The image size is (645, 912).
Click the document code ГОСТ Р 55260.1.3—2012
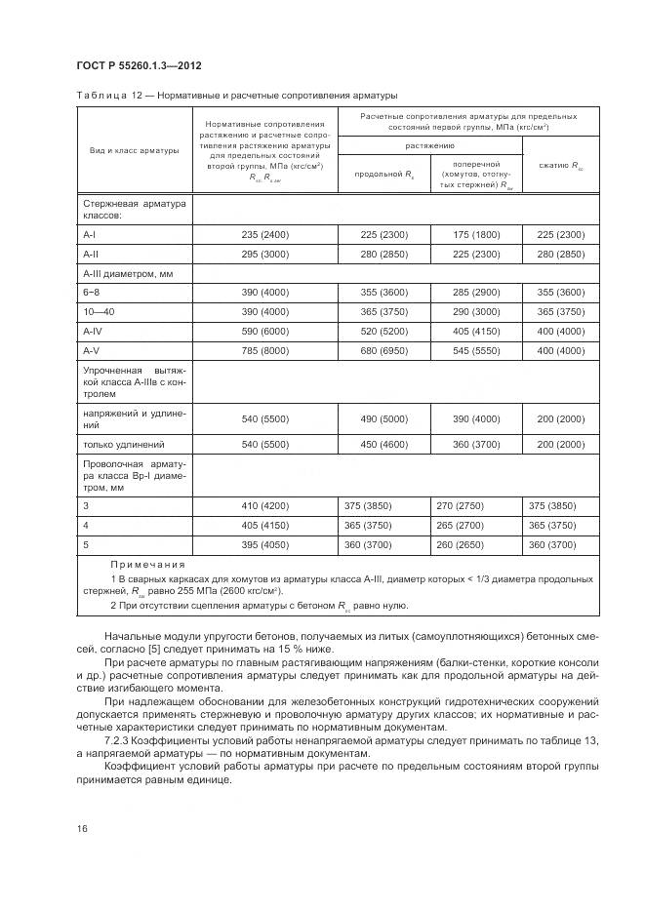pos(139,65)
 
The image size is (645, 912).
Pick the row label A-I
pos(91,235)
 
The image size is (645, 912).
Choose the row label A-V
pos(91,350)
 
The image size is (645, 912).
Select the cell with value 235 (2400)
pos(263,235)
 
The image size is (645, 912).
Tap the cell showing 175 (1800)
pos(477,235)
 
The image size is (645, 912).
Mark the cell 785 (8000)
pos(263,350)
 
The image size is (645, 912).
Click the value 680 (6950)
pos(383,350)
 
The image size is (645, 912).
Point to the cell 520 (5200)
pos(383,331)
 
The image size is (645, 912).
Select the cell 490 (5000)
pos(383,418)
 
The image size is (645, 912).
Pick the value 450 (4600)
pos(383,444)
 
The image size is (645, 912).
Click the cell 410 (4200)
pos(263,505)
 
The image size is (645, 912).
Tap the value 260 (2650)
pos(477,544)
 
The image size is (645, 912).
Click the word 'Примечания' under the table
pos(146,565)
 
